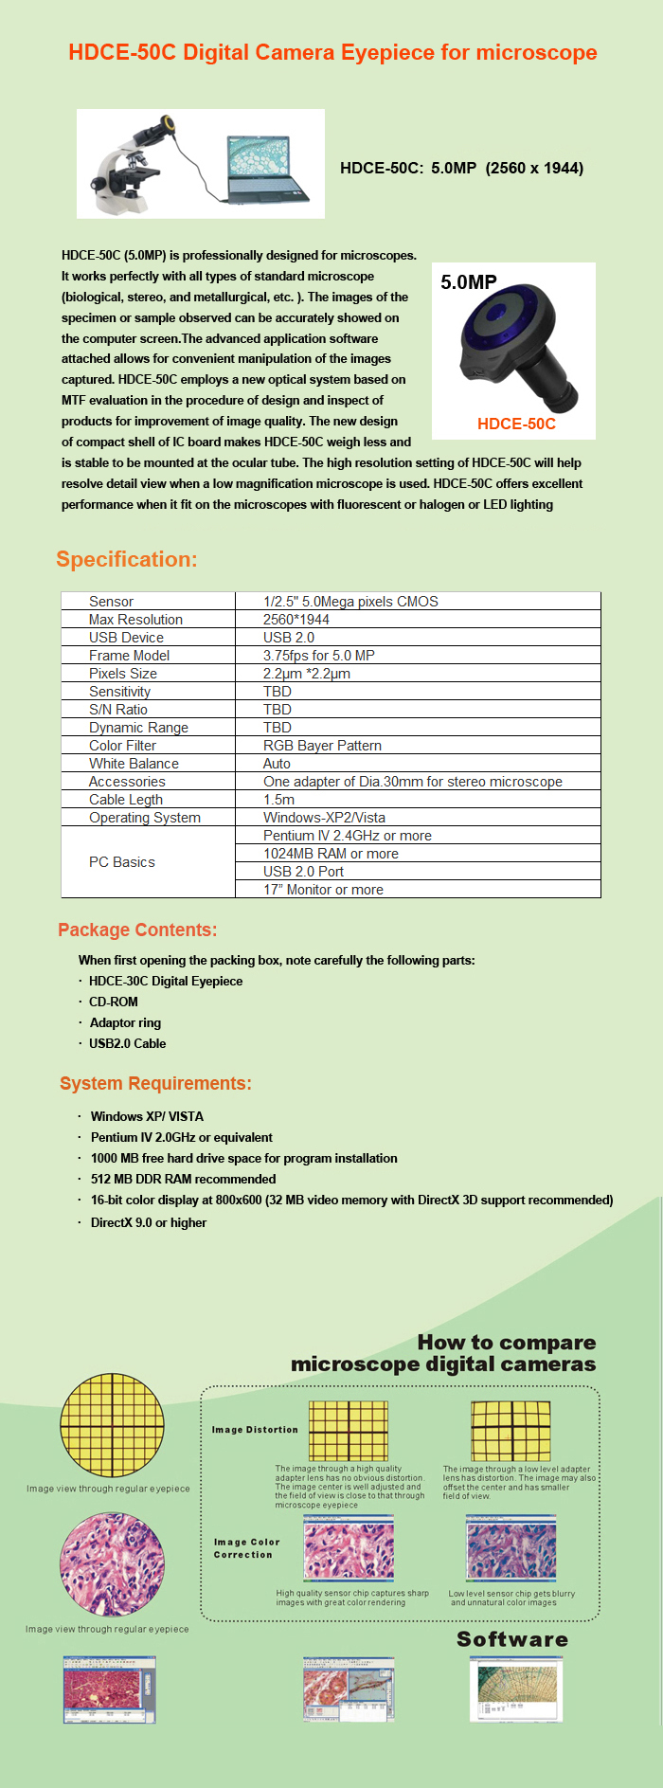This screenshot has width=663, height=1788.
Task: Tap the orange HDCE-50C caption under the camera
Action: coord(516,424)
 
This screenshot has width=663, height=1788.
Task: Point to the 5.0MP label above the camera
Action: coord(469,282)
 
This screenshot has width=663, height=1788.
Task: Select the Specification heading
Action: coord(127,559)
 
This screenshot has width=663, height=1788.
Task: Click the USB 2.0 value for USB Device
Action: coord(289,638)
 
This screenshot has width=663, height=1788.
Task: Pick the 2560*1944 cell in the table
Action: coord(296,620)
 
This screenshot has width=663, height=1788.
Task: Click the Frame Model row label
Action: coord(129,656)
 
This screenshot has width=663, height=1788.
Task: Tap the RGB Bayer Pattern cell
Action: coord(322,746)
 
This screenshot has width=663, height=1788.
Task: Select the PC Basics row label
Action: coord(122,862)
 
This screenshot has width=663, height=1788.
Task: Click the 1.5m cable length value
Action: coord(278,800)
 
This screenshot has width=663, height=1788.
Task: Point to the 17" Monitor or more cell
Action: coord(323,890)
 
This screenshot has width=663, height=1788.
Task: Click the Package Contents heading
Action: coord(137,930)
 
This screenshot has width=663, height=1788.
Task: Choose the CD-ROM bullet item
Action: coord(114,1002)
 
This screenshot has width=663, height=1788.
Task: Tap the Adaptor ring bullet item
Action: coord(125,1022)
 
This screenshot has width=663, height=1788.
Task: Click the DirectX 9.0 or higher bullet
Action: coord(149,1222)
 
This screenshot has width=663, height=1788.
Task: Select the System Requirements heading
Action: coord(155,1083)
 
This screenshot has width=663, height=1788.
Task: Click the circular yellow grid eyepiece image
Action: coord(112,1425)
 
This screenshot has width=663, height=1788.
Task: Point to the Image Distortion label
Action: coord(255,1430)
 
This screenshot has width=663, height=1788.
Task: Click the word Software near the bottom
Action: coord(512,1639)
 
